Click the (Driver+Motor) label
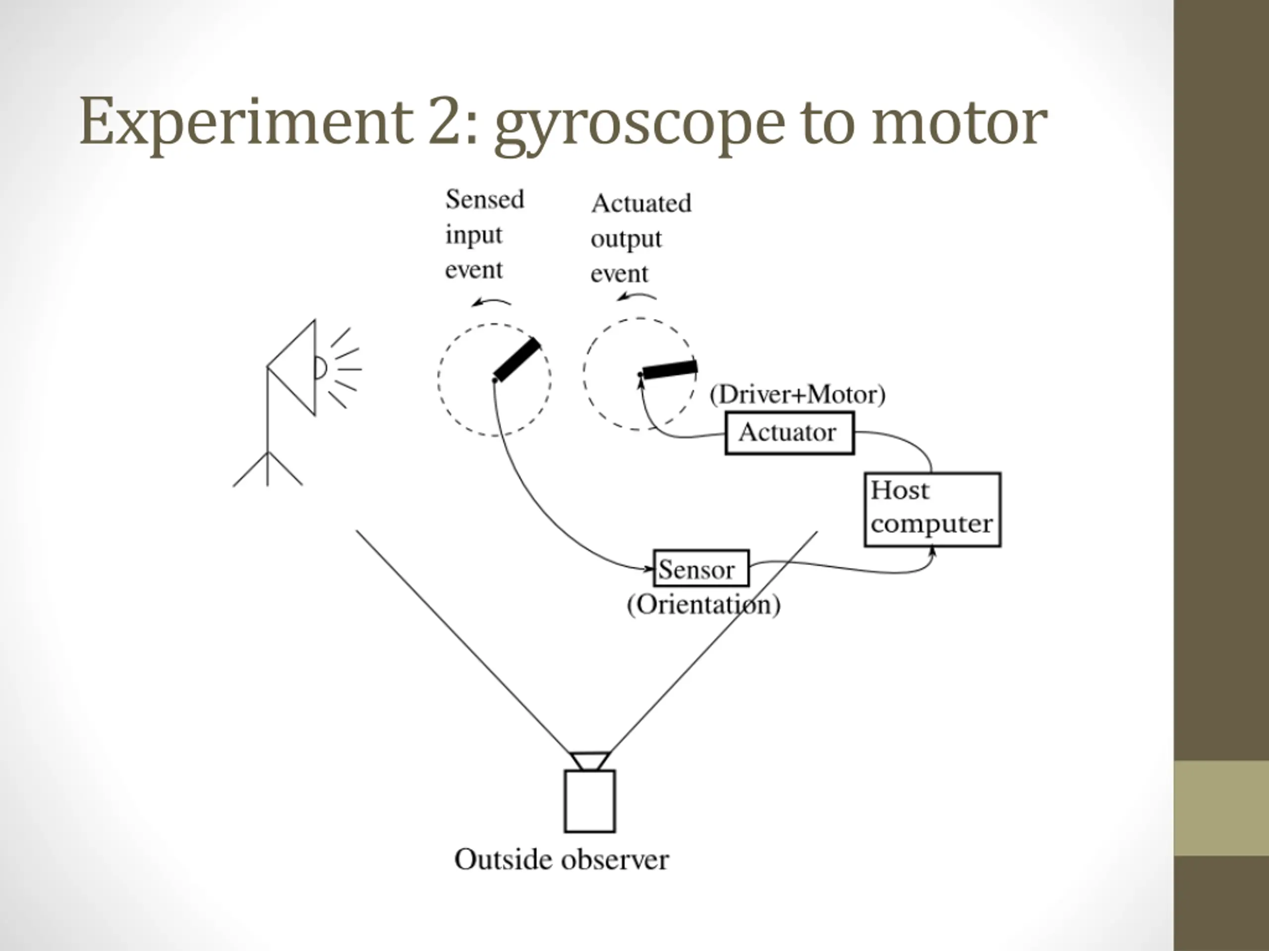798,395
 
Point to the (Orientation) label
703,605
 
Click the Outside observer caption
561,860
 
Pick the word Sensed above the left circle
485,200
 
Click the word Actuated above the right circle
641,203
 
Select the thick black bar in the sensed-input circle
517,360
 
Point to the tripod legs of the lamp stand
267,469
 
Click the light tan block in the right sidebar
1221,808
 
